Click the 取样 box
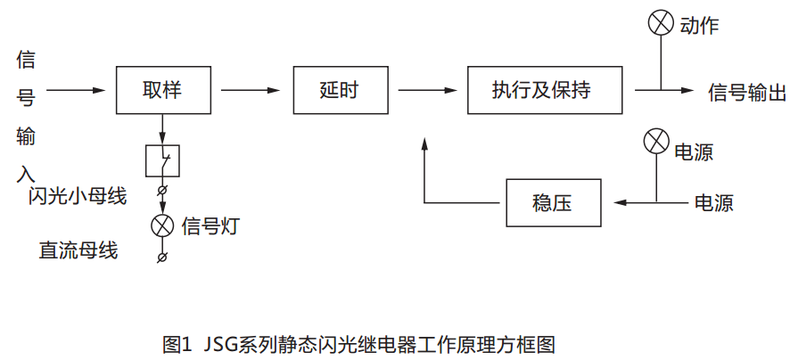(x=162, y=90)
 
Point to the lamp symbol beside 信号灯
(x=162, y=225)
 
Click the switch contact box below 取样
(x=162, y=161)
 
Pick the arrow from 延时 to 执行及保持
(x=426, y=90)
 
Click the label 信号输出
(x=747, y=91)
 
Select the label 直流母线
(x=78, y=250)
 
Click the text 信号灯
(x=210, y=225)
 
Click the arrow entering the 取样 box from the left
(x=76, y=90)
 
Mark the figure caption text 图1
(x=177, y=343)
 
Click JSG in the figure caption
(x=221, y=343)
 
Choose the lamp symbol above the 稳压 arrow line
(x=656, y=141)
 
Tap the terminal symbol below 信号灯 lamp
(x=161, y=257)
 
